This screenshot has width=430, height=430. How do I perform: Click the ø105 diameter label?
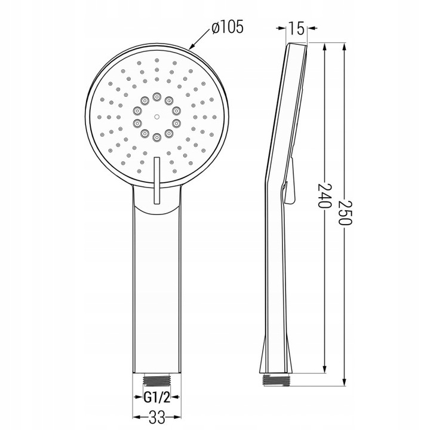(x=228, y=27)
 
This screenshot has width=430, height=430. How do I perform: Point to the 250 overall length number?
(x=345, y=213)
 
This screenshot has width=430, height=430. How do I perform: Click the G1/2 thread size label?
(x=157, y=397)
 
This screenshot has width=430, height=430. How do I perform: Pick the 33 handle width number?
(x=158, y=417)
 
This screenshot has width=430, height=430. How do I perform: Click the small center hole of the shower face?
(x=156, y=117)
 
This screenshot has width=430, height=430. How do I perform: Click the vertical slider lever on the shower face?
(x=157, y=180)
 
